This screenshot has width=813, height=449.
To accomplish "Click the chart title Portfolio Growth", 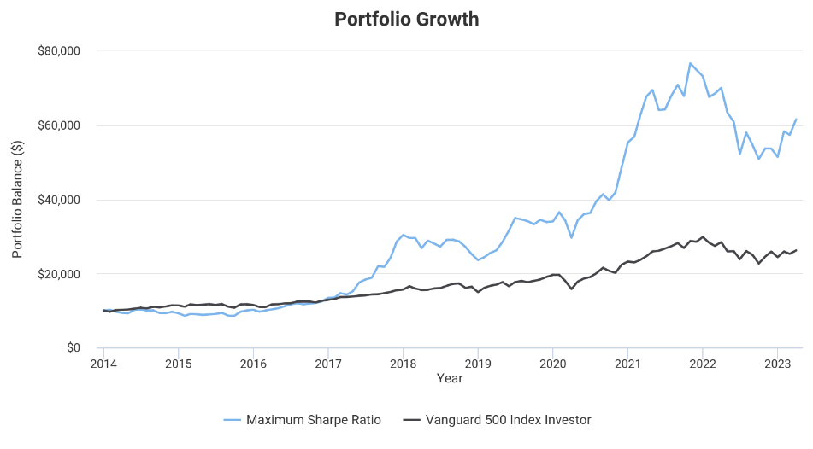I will tap(406, 20).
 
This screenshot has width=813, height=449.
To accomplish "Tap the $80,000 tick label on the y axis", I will tap(58, 51).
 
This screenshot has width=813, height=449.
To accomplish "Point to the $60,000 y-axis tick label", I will tap(58, 125).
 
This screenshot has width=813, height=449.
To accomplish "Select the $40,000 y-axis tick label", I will tap(58, 200).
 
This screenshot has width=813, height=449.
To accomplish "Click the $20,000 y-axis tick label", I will tap(58, 274).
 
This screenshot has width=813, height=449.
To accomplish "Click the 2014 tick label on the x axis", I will tap(103, 364).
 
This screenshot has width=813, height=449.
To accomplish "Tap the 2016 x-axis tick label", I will tap(253, 364).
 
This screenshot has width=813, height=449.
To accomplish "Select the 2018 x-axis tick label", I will tap(403, 364).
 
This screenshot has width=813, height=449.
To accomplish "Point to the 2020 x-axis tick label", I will tap(552, 364).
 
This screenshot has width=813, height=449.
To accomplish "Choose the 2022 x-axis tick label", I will tap(702, 364).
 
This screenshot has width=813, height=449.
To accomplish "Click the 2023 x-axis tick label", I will tap(777, 364).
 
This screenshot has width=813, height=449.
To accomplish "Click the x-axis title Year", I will tap(450, 377).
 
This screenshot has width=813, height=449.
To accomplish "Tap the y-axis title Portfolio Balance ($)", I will tap(18, 200).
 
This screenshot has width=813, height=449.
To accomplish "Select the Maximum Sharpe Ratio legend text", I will tap(314, 419).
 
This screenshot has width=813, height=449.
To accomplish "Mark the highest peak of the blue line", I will tap(690, 63).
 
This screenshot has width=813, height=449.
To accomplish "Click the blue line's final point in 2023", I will tap(796, 120).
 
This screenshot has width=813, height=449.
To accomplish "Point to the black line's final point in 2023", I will tap(796, 250).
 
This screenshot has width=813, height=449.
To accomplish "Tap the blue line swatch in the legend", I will tap(232, 419).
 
